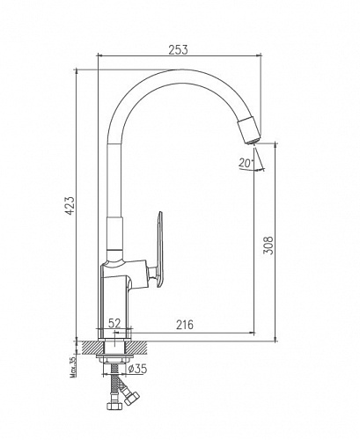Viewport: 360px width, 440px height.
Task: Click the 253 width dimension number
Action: (x=178, y=49)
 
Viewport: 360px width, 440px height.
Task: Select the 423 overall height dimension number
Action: (x=70, y=206)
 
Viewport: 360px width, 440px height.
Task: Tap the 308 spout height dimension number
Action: (x=268, y=246)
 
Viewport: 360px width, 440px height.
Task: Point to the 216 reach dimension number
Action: (x=185, y=325)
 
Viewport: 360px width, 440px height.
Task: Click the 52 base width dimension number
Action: (x=114, y=323)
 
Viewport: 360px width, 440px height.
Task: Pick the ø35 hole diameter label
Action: (x=137, y=369)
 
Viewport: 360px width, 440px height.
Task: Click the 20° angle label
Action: (x=246, y=162)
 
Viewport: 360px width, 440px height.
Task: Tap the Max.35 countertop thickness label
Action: (x=73, y=366)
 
